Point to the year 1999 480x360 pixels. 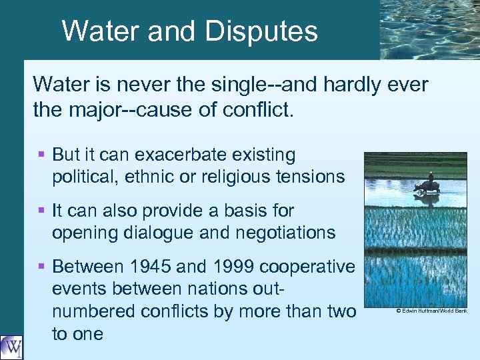(x=227, y=267)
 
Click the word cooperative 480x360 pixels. (x=307, y=267)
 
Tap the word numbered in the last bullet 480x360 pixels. (x=91, y=311)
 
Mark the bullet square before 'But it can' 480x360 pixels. (x=41, y=155)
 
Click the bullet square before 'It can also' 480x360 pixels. (x=41, y=211)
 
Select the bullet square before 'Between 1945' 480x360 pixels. (x=41, y=267)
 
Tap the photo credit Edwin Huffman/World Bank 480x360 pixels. (x=431, y=311)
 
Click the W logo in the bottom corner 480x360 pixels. (x=11, y=347)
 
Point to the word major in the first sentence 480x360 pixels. (x=95, y=109)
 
